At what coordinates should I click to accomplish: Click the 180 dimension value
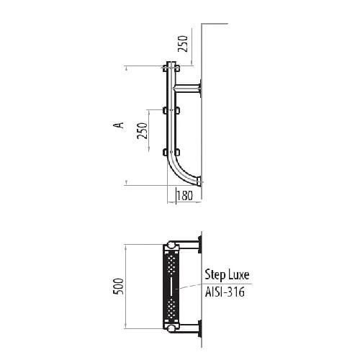[x=185, y=196]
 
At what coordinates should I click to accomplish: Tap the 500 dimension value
[x=118, y=287]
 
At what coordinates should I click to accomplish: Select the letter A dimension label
[x=119, y=125]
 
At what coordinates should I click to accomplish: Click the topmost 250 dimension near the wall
[x=183, y=43]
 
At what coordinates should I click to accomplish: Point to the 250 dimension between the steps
[x=142, y=130]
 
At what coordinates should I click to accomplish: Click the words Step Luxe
[x=227, y=275]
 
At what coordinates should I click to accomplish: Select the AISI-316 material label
[x=225, y=292]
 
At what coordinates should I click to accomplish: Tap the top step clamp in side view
[x=171, y=68]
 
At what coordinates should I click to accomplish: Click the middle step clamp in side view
[x=171, y=111]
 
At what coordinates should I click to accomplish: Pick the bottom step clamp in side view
[x=171, y=152]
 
